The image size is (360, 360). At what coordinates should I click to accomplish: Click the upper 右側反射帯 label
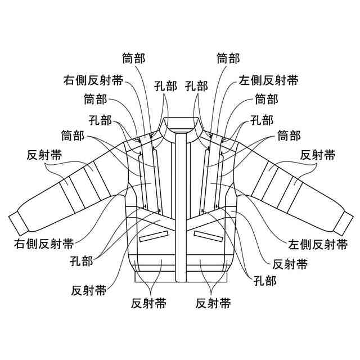93,79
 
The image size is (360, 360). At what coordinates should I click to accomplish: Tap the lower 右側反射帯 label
44,244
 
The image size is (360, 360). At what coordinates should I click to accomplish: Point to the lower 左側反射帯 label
317,244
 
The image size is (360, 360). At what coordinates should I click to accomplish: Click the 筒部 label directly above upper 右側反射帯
134,58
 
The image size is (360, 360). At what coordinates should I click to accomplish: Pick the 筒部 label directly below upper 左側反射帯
266,100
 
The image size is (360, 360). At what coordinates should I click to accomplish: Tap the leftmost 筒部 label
73,136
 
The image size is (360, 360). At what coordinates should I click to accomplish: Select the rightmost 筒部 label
289,136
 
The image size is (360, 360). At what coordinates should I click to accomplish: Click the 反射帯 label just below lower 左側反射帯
290,263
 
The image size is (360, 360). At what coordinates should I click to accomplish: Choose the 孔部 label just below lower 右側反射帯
82,260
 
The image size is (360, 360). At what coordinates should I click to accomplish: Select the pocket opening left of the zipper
154,235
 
